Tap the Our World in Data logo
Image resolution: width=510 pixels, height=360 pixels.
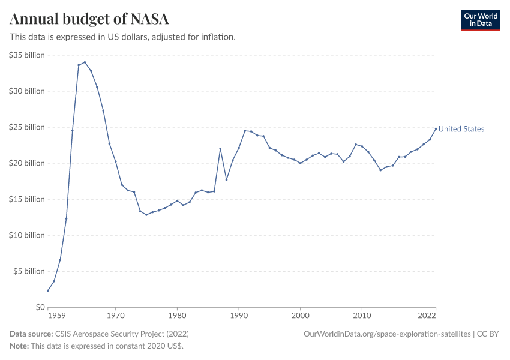[480, 20]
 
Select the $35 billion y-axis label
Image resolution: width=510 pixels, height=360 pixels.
[27, 55]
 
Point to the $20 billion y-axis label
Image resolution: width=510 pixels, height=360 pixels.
[27, 163]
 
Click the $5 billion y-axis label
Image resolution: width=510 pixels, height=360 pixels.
[29, 271]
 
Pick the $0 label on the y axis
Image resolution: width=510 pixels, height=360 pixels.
[40, 307]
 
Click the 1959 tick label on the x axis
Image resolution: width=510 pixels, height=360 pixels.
[56, 315]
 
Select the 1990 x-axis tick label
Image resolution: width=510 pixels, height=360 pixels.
[239, 315]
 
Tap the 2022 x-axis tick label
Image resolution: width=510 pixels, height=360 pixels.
[427, 315]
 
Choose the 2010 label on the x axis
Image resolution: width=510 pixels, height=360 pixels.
[362, 315]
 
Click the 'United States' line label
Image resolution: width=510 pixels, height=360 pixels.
[461, 129]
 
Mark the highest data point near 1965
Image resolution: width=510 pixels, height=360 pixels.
[85, 62]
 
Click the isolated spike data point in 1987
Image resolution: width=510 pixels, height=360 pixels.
[220, 149]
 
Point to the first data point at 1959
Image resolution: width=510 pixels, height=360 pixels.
[48, 290]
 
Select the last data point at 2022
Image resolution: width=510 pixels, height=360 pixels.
[436, 128]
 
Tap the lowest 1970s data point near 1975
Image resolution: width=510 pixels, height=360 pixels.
[146, 215]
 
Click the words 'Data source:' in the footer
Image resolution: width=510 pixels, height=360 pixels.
[31, 334]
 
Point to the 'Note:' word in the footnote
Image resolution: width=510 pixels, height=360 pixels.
[19, 346]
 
